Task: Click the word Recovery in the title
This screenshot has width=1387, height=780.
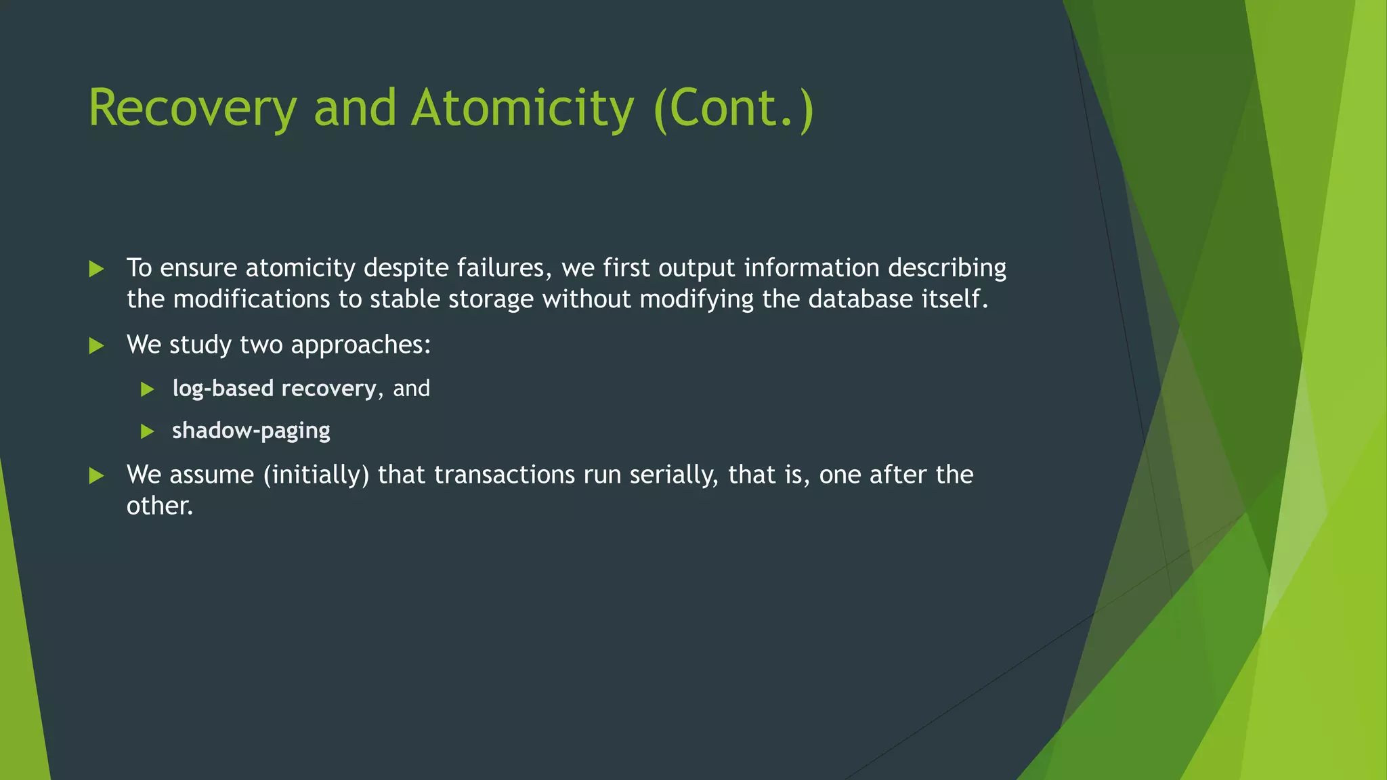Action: click(x=192, y=108)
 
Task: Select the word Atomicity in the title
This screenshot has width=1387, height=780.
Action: click(x=522, y=108)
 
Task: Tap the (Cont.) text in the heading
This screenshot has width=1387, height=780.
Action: click(x=733, y=108)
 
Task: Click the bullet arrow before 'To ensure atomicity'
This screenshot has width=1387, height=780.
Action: click(x=97, y=269)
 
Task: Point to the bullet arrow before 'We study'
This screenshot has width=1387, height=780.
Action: click(x=97, y=346)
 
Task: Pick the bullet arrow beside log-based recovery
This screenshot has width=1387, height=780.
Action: click(x=148, y=389)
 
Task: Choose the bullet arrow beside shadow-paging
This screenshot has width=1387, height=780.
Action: click(x=148, y=431)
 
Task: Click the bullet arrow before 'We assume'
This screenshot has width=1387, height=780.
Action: click(x=97, y=476)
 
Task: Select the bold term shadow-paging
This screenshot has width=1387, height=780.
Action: click(x=251, y=431)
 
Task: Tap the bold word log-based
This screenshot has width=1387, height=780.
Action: click(x=223, y=389)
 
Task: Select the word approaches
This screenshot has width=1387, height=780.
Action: click(x=360, y=345)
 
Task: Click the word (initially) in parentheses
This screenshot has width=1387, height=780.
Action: click(x=316, y=475)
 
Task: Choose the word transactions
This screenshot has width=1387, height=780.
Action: click(x=505, y=475)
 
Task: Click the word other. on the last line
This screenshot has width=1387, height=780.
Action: click(x=160, y=506)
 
